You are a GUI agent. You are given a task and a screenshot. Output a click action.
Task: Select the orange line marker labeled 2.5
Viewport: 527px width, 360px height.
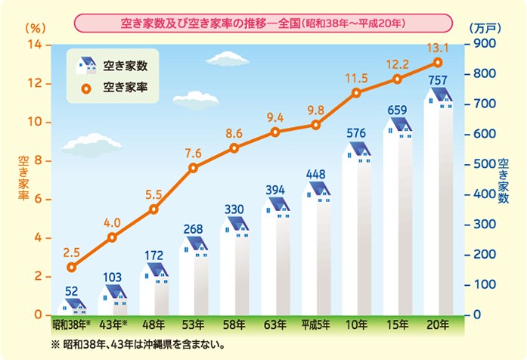click(72, 267)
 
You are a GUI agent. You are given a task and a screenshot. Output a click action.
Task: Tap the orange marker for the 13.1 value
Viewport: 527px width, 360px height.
click(438, 62)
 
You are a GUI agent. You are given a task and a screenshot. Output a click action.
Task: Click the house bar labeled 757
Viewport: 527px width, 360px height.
click(438, 204)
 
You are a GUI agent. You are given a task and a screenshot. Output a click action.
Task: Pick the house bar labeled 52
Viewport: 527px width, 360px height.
click(72, 306)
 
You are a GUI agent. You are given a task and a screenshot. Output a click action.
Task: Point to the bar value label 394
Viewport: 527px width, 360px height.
click(275, 188)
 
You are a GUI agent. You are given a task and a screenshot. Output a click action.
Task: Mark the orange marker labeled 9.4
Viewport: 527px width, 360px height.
click(275, 132)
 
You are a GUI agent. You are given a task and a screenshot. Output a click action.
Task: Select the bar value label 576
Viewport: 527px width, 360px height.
click(357, 134)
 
